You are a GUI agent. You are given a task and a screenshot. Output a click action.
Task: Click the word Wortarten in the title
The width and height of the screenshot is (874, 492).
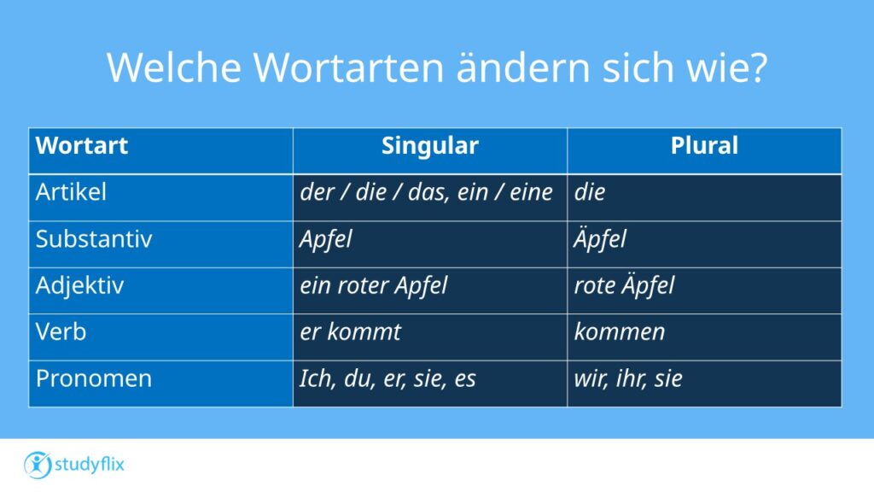(348, 67)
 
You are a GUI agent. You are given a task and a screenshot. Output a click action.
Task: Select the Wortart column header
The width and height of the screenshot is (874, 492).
(81, 145)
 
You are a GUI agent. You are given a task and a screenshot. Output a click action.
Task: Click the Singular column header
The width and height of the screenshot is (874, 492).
(430, 145)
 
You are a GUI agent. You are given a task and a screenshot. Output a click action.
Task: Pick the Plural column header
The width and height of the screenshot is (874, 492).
(704, 145)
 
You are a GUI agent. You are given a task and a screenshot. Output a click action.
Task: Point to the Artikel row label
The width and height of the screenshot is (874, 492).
(71, 192)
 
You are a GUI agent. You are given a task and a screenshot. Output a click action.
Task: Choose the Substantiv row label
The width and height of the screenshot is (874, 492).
(94, 239)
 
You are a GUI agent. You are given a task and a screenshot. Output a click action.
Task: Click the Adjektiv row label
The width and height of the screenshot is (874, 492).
(79, 286)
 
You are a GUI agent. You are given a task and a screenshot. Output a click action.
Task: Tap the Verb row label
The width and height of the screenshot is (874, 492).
(61, 332)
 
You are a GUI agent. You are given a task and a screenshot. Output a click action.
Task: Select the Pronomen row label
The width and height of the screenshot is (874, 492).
(94, 378)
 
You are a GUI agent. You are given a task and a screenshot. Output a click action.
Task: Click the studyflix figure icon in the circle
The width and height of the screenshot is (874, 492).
(38, 466)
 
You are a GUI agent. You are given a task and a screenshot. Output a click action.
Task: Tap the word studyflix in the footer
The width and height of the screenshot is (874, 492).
(89, 465)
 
